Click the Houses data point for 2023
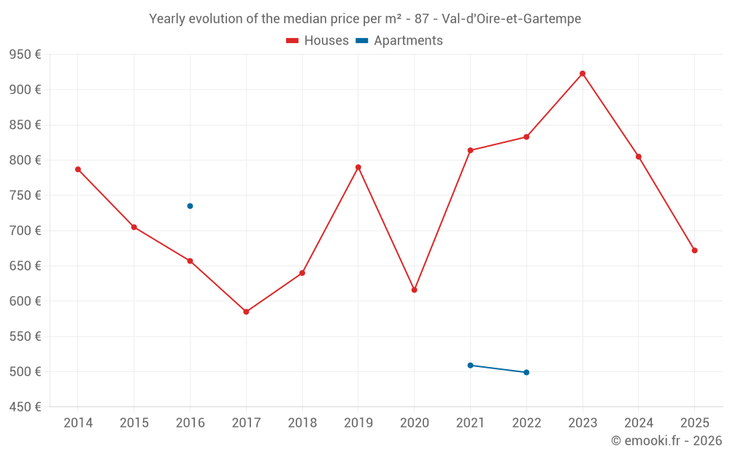pos(583,74)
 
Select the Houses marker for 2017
pos(246,312)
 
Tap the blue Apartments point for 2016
pos(190,206)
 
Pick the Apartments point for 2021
pos(470,365)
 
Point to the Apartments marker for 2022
pos(526,372)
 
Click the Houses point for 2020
pos(414,290)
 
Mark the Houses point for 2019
pos(358,167)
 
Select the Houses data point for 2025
pos(694,250)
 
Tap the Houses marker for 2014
pos(78,169)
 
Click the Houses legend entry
pos(318,41)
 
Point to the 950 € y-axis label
pos(25,55)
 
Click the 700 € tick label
pos(25,231)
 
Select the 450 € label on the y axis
pos(25,407)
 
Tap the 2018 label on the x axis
pos(302,422)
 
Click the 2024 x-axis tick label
pos(638,422)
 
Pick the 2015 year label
pos(134,422)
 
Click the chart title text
pos(365,19)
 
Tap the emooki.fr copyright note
pos(666,441)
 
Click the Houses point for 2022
pos(526,137)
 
